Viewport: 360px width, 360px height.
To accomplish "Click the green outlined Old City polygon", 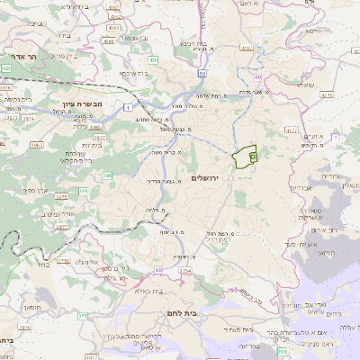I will click(244, 157).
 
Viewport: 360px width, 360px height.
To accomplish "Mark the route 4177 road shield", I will click(290, 130).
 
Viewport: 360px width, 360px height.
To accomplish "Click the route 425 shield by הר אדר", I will click(6, 67).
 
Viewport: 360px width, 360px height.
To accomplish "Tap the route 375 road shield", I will click(83, 316).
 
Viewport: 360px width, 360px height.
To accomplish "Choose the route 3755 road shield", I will click(64, 261).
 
